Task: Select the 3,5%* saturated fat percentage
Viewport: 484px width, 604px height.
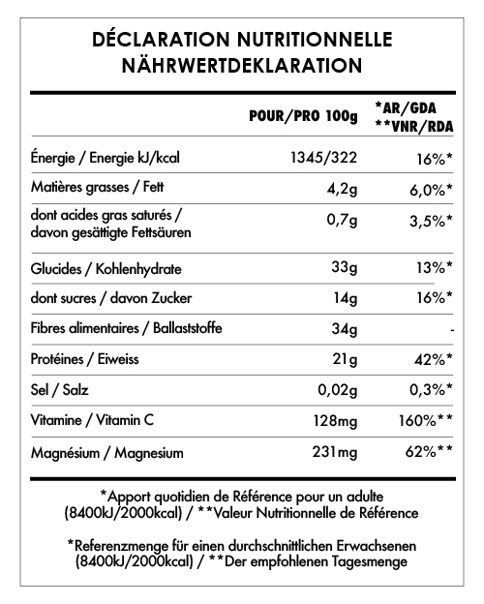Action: coord(429,222)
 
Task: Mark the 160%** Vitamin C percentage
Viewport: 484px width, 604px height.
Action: coord(423,422)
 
